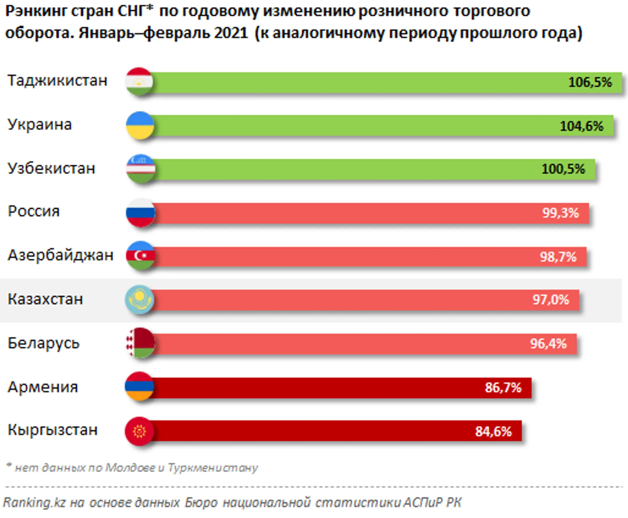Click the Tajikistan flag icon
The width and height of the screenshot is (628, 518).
[139, 82]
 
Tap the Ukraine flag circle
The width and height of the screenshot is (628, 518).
[140, 126]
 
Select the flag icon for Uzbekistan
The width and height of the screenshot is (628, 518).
[141, 169]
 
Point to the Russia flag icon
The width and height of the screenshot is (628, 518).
[141, 213]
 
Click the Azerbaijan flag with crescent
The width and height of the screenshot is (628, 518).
[141, 256]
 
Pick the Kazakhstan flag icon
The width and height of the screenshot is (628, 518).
[140, 300]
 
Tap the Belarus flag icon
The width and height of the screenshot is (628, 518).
[141, 342]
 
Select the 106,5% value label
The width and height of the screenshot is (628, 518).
[590, 82]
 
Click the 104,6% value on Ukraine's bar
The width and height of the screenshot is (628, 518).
[581, 126]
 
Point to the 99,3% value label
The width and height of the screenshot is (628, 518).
[561, 213]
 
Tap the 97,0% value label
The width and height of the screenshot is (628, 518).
[551, 300]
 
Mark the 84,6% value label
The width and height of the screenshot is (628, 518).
[493, 431]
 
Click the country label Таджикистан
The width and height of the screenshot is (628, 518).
[57, 81]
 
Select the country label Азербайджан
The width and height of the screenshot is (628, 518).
[60, 255]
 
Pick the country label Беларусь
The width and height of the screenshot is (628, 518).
[44, 343]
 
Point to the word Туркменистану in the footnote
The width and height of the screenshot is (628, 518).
[213, 468]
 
